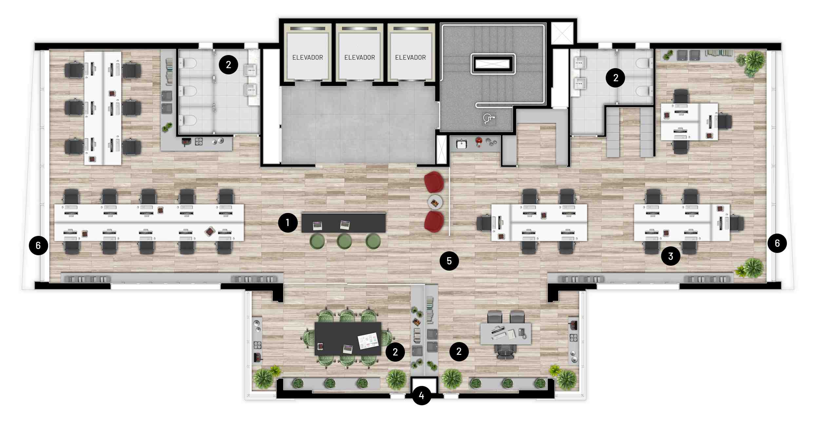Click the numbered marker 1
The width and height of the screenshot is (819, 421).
pos(288,223)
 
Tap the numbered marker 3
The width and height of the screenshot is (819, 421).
pos(671,256)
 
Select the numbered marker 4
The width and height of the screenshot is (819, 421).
pos(422,395)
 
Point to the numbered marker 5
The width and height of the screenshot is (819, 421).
pos(449,261)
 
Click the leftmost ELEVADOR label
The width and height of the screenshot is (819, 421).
pos(308,58)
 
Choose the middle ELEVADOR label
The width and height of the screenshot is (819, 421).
pos(360,58)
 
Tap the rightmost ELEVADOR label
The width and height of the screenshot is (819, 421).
pos(410,58)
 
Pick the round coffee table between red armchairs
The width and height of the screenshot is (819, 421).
pos(435,202)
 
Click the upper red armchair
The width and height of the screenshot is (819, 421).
pos(434,182)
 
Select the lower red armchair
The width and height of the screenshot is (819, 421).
pos(434,221)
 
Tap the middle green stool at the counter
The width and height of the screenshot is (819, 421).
pos(344,241)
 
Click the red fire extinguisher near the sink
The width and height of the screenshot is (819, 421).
pos(479,142)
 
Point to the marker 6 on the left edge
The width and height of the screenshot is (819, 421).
pos(38,245)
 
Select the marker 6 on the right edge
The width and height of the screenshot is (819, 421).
pos(777,243)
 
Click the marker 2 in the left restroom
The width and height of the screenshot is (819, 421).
pos(228,65)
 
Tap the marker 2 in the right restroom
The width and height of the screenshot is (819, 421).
pos(616,78)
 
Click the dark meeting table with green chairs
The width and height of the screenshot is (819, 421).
pos(348,339)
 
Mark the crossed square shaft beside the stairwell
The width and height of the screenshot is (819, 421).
pos(562,33)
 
